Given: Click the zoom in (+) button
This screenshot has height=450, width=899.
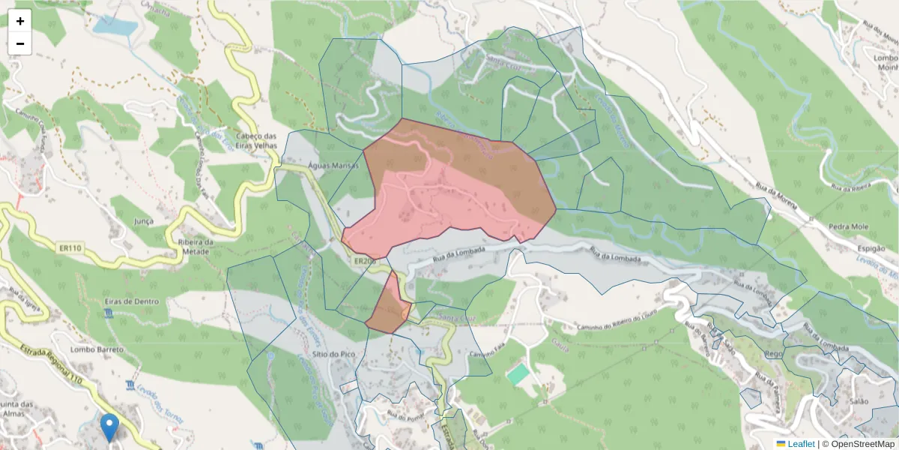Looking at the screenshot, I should point(20,21).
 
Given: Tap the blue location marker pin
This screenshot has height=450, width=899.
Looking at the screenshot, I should point(109,427).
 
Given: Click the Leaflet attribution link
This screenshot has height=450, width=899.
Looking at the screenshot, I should point(800,444).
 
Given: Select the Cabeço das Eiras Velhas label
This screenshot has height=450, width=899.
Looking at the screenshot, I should point(257,141).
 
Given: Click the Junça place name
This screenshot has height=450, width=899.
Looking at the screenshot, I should point(143,221).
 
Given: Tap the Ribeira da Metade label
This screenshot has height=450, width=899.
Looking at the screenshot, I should point(196,247).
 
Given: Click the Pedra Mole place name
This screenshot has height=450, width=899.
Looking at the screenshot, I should point(848,226).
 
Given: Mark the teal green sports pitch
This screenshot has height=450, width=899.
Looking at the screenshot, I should point(517,374).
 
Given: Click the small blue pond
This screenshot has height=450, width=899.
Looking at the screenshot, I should point(115,26).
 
